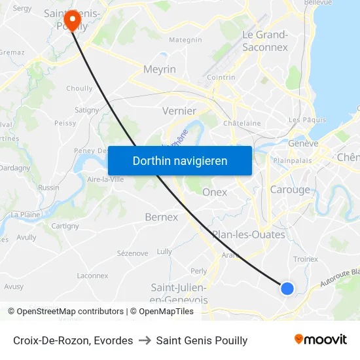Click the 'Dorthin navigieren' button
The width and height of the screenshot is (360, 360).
point(180,160)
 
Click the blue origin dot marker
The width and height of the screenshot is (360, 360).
point(287,288)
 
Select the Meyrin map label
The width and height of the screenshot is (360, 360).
point(160,69)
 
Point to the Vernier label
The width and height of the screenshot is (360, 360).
point(179,111)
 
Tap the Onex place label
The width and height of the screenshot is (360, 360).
point(215,192)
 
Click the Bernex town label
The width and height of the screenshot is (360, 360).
point(161,217)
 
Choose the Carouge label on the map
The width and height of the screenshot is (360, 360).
point(290,190)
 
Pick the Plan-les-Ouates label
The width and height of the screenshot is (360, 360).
point(248,234)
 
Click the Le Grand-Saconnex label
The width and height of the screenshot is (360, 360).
point(265,41)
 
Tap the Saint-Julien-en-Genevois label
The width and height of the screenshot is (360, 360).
point(179,293)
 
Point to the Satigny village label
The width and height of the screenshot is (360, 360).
point(86,110)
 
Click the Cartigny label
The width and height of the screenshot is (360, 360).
point(65,226)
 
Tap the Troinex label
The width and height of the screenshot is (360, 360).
point(305,259)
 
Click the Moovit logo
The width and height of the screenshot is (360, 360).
point(320,339)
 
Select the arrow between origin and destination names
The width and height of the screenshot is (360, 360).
point(145,340)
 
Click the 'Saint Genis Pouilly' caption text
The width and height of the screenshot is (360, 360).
point(202,340)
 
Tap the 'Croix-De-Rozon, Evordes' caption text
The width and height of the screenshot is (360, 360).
point(73,340)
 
